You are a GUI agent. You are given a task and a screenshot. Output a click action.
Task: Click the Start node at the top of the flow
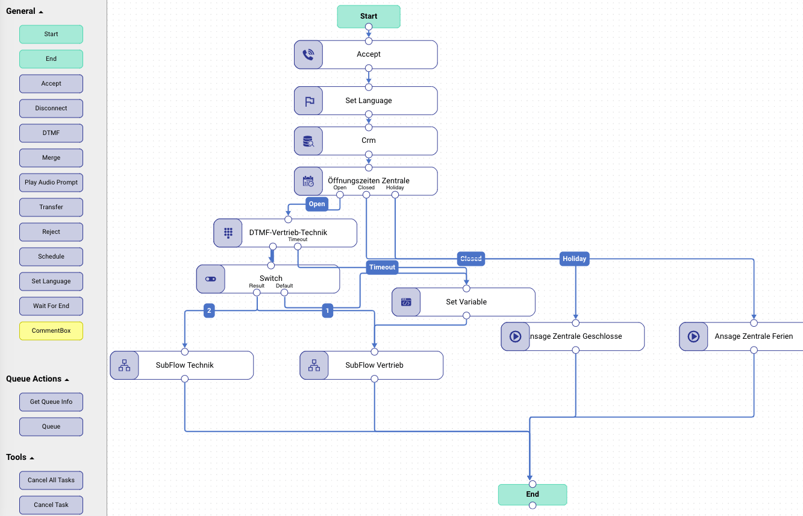pyautogui.click(x=369, y=16)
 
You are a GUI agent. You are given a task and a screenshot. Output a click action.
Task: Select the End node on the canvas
pyautogui.click(x=533, y=494)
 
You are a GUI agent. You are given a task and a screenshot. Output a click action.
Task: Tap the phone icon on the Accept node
pyautogui.click(x=308, y=54)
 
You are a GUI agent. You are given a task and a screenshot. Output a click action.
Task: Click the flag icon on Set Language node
pyautogui.click(x=310, y=101)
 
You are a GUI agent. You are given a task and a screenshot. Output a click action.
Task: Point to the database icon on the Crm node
pyautogui.click(x=308, y=141)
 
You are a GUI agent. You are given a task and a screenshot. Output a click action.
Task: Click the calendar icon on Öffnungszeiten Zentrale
pyautogui.click(x=308, y=181)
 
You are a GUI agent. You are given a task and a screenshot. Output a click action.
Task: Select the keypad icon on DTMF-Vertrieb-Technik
pyautogui.click(x=228, y=233)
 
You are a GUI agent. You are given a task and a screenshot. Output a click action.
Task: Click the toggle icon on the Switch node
pyautogui.click(x=210, y=279)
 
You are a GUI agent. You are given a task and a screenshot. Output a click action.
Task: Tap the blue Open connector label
pyautogui.click(x=317, y=204)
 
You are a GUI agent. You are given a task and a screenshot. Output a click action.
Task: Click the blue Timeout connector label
pyautogui.click(x=382, y=267)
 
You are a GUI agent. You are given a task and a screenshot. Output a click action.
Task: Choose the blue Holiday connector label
pyautogui.click(x=574, y=259)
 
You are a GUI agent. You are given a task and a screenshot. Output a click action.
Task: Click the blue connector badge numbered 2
pyautogui.click(x=209, y=311)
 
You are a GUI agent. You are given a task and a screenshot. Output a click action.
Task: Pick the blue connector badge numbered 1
pyautogui.click(x=327, y=311)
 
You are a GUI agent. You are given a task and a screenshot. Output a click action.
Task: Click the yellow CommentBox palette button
pyautogui.click(x=51, y=331)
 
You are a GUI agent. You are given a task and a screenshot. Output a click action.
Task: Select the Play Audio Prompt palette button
pyautogui.click(x=51, y=183)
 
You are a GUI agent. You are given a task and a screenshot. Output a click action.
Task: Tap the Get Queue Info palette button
pyautogui.click(x=51, y=402)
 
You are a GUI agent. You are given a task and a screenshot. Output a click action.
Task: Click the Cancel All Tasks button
pyautogui.click(x=51, y=480)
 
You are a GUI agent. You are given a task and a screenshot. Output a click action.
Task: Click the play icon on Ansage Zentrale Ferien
pyautogui.click(x=693, y=336)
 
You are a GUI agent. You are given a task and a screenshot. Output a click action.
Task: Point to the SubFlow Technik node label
pyautogui.click(x=184, y=365)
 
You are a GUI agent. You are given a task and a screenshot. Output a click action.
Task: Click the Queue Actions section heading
pyautogui.click(x=34, y=379)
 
